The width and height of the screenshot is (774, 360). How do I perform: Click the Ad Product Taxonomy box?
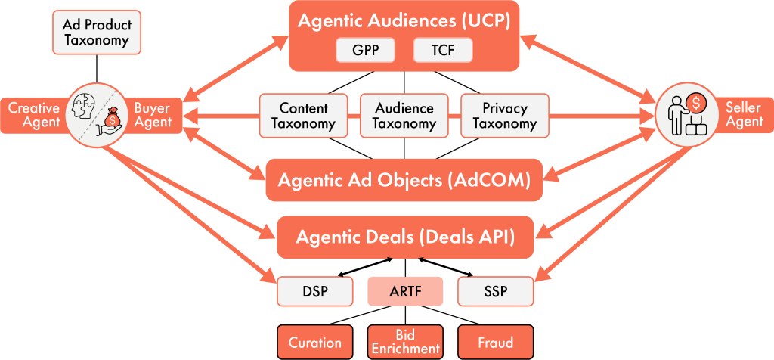(96, 32)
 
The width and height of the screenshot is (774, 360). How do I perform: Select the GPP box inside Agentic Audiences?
(367, 51)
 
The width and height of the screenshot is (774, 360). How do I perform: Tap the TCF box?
(442, 51)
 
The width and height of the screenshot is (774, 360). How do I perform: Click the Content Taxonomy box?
(303, 116)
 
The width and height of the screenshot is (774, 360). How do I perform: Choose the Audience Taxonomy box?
(404, 116)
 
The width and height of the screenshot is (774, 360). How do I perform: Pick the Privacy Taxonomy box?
(505, 116)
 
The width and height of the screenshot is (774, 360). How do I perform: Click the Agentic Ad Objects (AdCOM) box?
(404, 180)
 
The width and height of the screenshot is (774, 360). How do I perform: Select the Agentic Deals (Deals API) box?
(405, 237)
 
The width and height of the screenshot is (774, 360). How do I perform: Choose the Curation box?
(315, 342)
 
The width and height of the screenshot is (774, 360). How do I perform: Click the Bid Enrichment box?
(405, 342)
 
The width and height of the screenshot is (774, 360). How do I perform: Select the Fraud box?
(495, 342)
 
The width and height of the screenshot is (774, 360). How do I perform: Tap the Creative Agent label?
(34, 115)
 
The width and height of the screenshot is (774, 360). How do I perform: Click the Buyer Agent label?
(153, 115)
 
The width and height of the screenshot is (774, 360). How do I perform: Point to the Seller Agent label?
(744, 115)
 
